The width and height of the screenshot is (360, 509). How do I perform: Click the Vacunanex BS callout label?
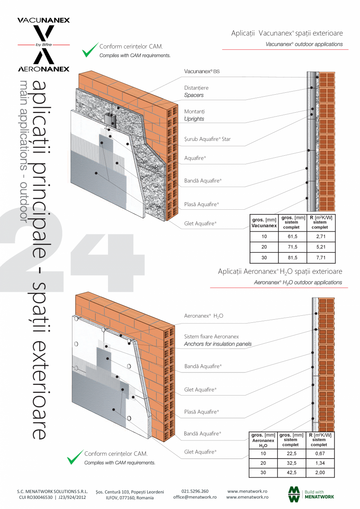pos(202,72)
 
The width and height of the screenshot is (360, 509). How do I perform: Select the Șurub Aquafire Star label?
pos(207,139)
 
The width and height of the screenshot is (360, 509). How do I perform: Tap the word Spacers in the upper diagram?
pos(194,95)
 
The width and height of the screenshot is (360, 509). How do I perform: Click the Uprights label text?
pos(194,119)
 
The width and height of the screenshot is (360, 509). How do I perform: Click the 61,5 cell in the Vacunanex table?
pos(292,237)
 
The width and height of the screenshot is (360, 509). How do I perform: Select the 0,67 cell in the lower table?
pos(319,453)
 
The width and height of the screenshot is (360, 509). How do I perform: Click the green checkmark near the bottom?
pos(75,457)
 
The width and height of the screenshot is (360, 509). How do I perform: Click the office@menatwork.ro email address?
pos(195,497)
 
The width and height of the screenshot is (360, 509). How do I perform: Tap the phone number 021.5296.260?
pos(195,491)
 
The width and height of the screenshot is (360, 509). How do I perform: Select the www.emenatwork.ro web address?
pos(247,497)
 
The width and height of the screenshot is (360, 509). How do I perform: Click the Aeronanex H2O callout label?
pos(203,316)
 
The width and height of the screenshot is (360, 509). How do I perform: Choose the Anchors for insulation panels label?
pos(218,344)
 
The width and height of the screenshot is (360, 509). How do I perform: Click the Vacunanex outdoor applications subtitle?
pos(304,44)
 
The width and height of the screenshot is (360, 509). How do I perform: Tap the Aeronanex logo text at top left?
pos(43,69)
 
